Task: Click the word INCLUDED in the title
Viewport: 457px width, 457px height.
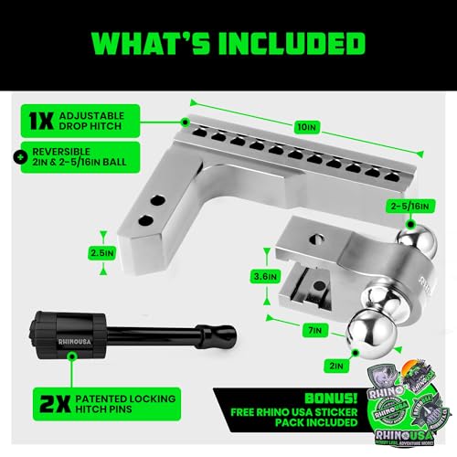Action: coord(285,42)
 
